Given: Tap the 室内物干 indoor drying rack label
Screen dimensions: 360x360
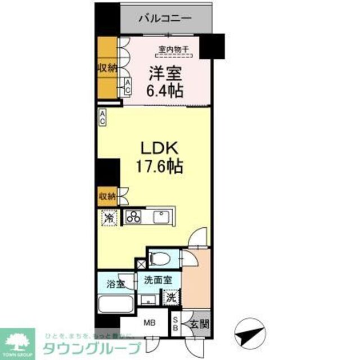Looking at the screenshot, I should (x=173, y=49).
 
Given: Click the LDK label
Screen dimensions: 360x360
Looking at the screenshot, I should (x=159, y=149).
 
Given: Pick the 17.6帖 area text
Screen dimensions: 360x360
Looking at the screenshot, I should (x=159, y=166).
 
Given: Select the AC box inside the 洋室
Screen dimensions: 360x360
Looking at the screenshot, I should (x=129, y=87).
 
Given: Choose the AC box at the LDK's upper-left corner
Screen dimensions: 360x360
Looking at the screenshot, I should (x=103, y=117).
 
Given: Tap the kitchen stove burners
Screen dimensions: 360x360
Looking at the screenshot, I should (x=134, y=216).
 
